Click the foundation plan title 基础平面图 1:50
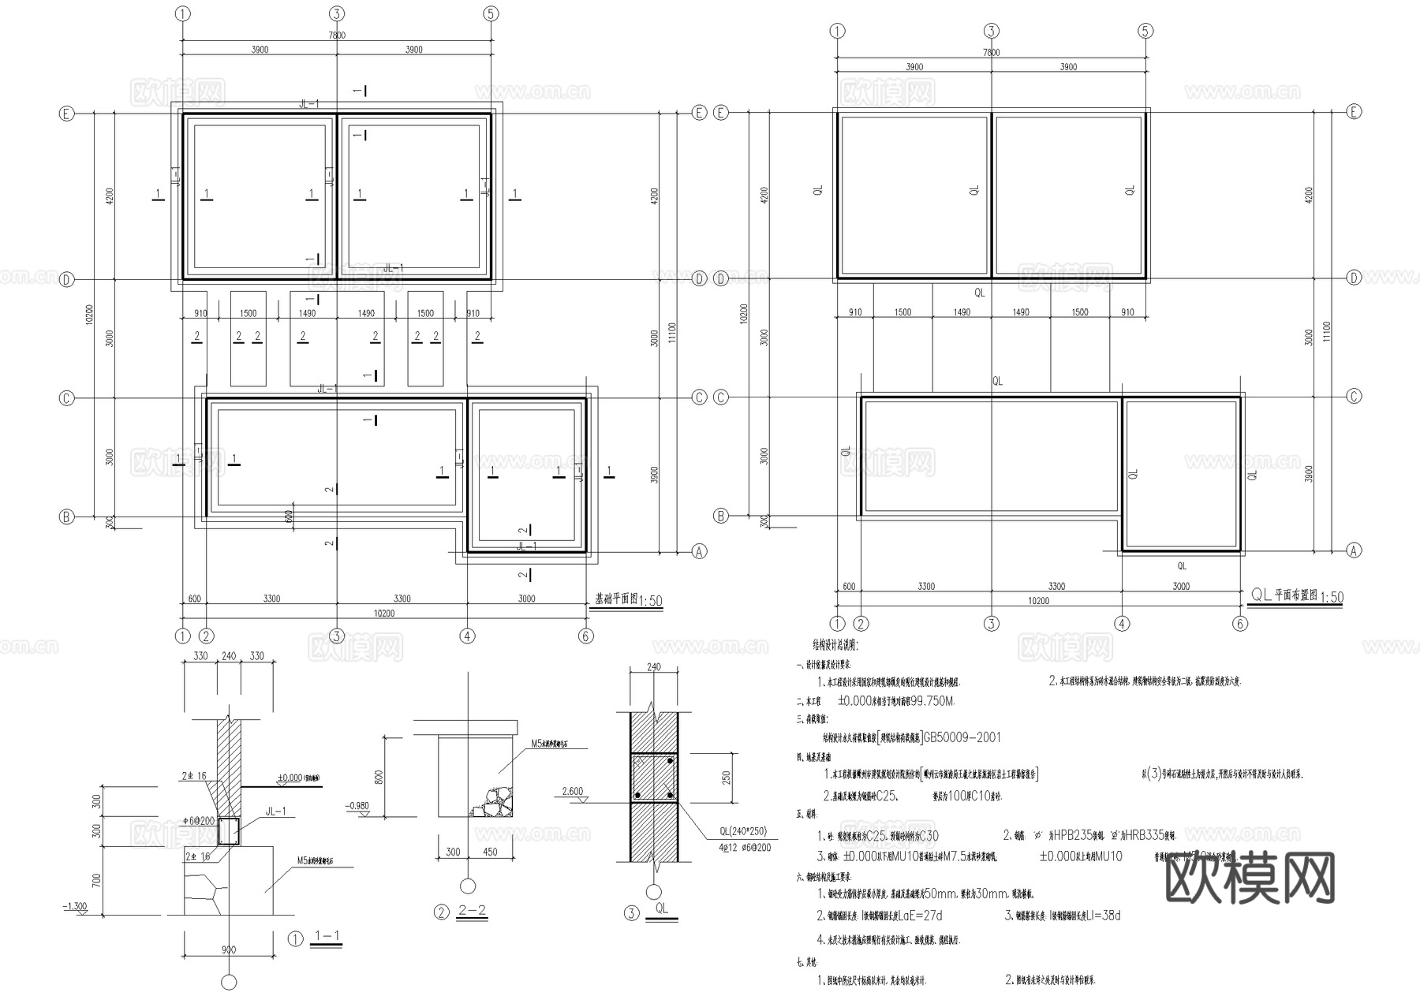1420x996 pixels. coord(628,600)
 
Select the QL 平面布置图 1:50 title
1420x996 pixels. coord(1297,596)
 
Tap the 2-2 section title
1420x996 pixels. coord(472,912)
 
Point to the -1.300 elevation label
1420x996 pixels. coord(75,907)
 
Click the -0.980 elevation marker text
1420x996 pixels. coord(357,806)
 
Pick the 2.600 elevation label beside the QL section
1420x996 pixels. coord(573,791)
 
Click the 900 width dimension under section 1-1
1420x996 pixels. coord(229,949)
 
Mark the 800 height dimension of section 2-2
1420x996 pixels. coord(379,776)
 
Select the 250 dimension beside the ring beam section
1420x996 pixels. coord(727,777)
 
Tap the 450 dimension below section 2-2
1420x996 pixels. coord(489,852)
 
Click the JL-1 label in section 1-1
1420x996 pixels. coord(276,811)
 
